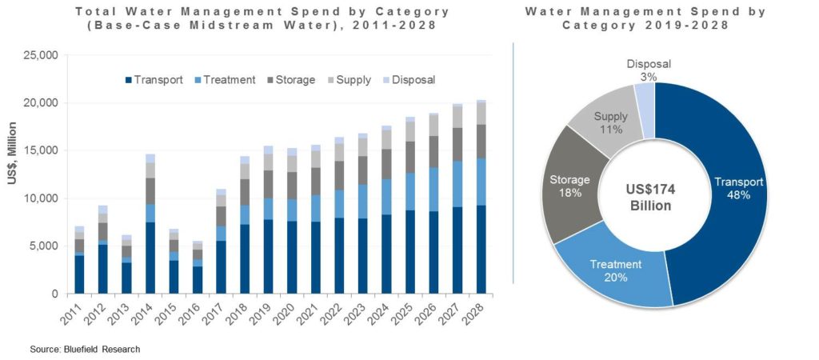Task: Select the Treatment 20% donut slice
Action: click(x=616, y=271)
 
